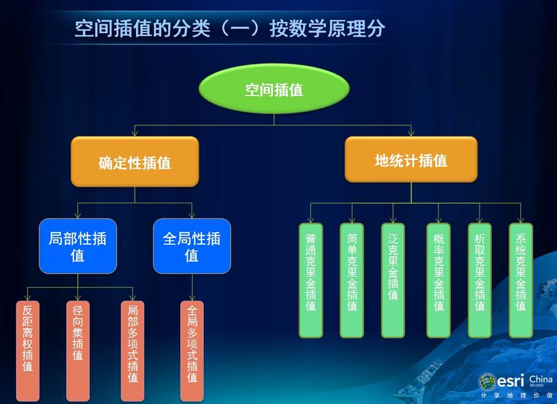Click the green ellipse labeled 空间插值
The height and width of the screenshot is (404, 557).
(274, 89)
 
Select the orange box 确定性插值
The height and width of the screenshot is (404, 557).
(135, 162)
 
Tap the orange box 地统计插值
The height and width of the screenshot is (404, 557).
(411, 160)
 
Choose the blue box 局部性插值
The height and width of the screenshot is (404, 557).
(78, 246)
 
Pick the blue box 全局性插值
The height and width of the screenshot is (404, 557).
(192, 246)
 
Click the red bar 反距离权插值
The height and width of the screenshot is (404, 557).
(28, 351)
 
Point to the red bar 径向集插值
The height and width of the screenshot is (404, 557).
(78, 351)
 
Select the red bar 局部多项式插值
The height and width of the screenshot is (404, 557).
(132, 351)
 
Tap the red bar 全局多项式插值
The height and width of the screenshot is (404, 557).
(192, 351)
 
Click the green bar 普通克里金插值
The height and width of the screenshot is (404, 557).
(311, 280)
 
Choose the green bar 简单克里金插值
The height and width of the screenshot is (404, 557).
(352, 280)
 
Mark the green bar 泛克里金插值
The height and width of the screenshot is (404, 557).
(393, 280)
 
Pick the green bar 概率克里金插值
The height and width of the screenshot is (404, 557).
(438, 280)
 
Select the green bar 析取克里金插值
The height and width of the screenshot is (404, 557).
(479, 280)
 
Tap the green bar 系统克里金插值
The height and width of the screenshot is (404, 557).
(521, 280)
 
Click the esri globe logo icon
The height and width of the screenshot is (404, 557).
(487, 381)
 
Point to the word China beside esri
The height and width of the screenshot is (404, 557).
(540, 380)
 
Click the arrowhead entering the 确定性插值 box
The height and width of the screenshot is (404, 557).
(135, 133)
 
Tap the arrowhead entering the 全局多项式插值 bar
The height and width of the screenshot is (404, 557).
(192, 297)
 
